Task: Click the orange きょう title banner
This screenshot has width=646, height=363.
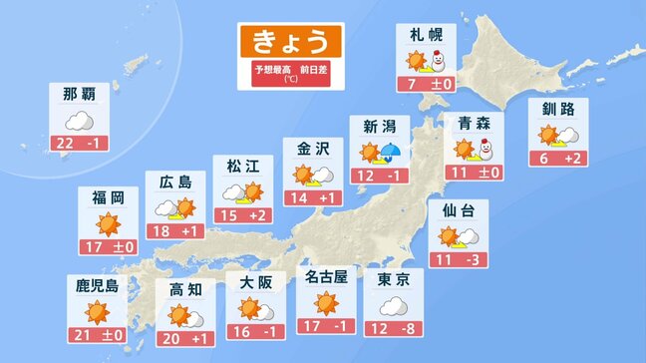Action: (289, 42)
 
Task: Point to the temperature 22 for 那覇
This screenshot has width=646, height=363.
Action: (67, 144)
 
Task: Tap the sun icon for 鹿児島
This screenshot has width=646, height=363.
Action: (97, 312)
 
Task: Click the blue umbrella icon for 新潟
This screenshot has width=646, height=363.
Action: (392, 153)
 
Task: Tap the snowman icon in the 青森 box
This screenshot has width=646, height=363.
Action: (484, 150)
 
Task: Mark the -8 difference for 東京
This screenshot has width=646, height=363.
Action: (408, 329)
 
